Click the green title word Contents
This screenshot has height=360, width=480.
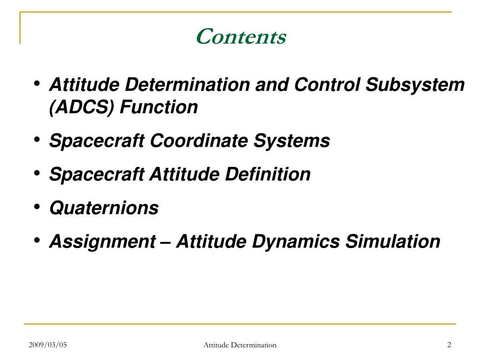(241, 37)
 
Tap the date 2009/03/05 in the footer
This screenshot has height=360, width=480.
(48, 345)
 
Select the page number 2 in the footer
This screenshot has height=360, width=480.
(449, 345)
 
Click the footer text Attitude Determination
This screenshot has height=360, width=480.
(240, 345)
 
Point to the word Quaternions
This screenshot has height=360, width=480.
(104, 208)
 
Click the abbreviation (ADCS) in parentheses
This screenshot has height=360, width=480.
(82, 107)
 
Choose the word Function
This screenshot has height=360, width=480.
(159, 107)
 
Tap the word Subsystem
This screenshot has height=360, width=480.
(415, 85)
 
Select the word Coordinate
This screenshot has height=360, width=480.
(199, 141)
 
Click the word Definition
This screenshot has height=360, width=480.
(268, 174)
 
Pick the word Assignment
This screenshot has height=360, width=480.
(103, 242)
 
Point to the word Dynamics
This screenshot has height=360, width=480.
(296, 242)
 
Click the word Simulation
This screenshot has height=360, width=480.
(393, 241)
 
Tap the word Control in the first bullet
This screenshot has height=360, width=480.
(327, 84)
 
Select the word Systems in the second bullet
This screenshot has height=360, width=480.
(292, 142)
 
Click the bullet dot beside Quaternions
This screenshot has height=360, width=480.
(37, 207)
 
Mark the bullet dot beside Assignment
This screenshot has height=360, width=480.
(37, 240)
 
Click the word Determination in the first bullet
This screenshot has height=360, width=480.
(187, 84)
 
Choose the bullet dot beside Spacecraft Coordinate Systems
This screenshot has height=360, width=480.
(37, 140)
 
